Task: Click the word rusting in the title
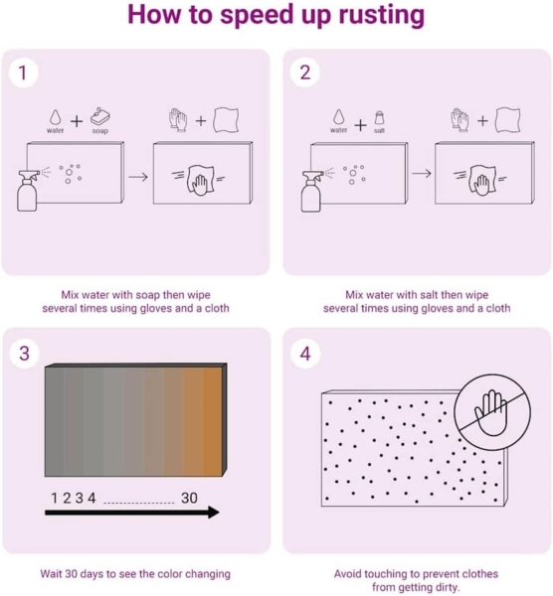[x=382, y=15]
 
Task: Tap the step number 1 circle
[x=23, y=73]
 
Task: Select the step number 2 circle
[x=305, y=73]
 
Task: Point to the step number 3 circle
[x=24, y=353]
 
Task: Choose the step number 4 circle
[x=305, y=354]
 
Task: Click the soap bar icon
[x=99, y=116]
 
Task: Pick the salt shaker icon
[x=379, y=118]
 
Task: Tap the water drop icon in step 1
[x=55, y=117]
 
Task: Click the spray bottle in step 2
[x=312, y=191]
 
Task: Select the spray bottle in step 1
[x=28, y=190]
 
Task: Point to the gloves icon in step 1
[x=178, y=120]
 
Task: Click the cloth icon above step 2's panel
[x=507, y=119]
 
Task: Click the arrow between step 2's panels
[x=422, y=173]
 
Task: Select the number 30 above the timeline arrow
[x=189, y=498]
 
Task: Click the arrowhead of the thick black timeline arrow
[x=213, y=513]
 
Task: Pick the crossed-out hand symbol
[x=492, y=412]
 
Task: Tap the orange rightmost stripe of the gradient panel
[x=212, y=421]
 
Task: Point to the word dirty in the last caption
[x=447, y=588]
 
